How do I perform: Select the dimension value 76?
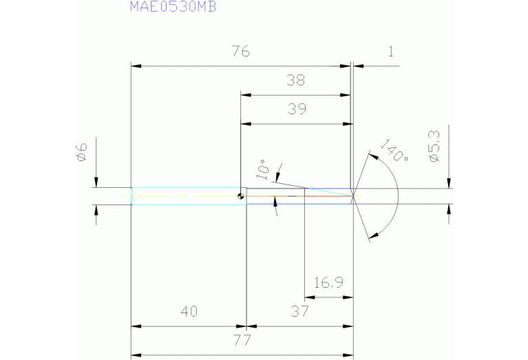pos(240,52)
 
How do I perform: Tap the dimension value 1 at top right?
pos(391,52)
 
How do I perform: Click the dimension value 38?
pos(296,81)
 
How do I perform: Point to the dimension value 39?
pos(296,109)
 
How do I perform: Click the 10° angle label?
pos(261,168)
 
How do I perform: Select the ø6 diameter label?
pos(81,151)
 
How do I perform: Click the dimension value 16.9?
pos(328,282)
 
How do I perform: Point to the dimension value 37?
pos(299,311)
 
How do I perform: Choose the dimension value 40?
pos(189,311)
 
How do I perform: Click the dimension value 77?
pos(242,340)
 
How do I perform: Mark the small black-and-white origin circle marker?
pos(240,196)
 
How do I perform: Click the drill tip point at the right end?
pos(354,196)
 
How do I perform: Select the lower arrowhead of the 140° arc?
pos(373,237)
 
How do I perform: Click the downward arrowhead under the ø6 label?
pos(96,182)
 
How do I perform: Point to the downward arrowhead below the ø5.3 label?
pos(449,183)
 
